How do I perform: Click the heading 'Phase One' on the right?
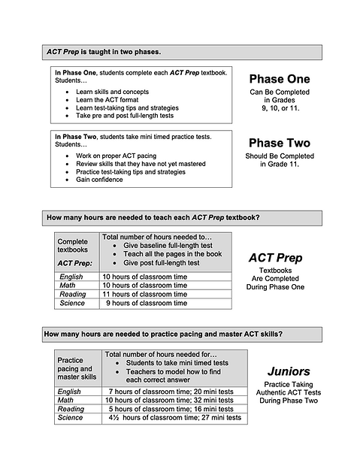point(280,79)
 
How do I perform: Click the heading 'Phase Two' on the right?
point(280,143)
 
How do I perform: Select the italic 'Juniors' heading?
point(289,371)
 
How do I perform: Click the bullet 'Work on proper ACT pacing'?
point(119,155)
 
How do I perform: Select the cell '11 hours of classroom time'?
point(144,295)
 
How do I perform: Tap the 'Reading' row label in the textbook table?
point(72,295)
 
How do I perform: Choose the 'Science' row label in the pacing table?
point(71,417)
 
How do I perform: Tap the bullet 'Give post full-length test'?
point(161,263)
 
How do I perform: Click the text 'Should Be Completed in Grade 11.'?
point(280,160)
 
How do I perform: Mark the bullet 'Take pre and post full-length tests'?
point(124,116)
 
